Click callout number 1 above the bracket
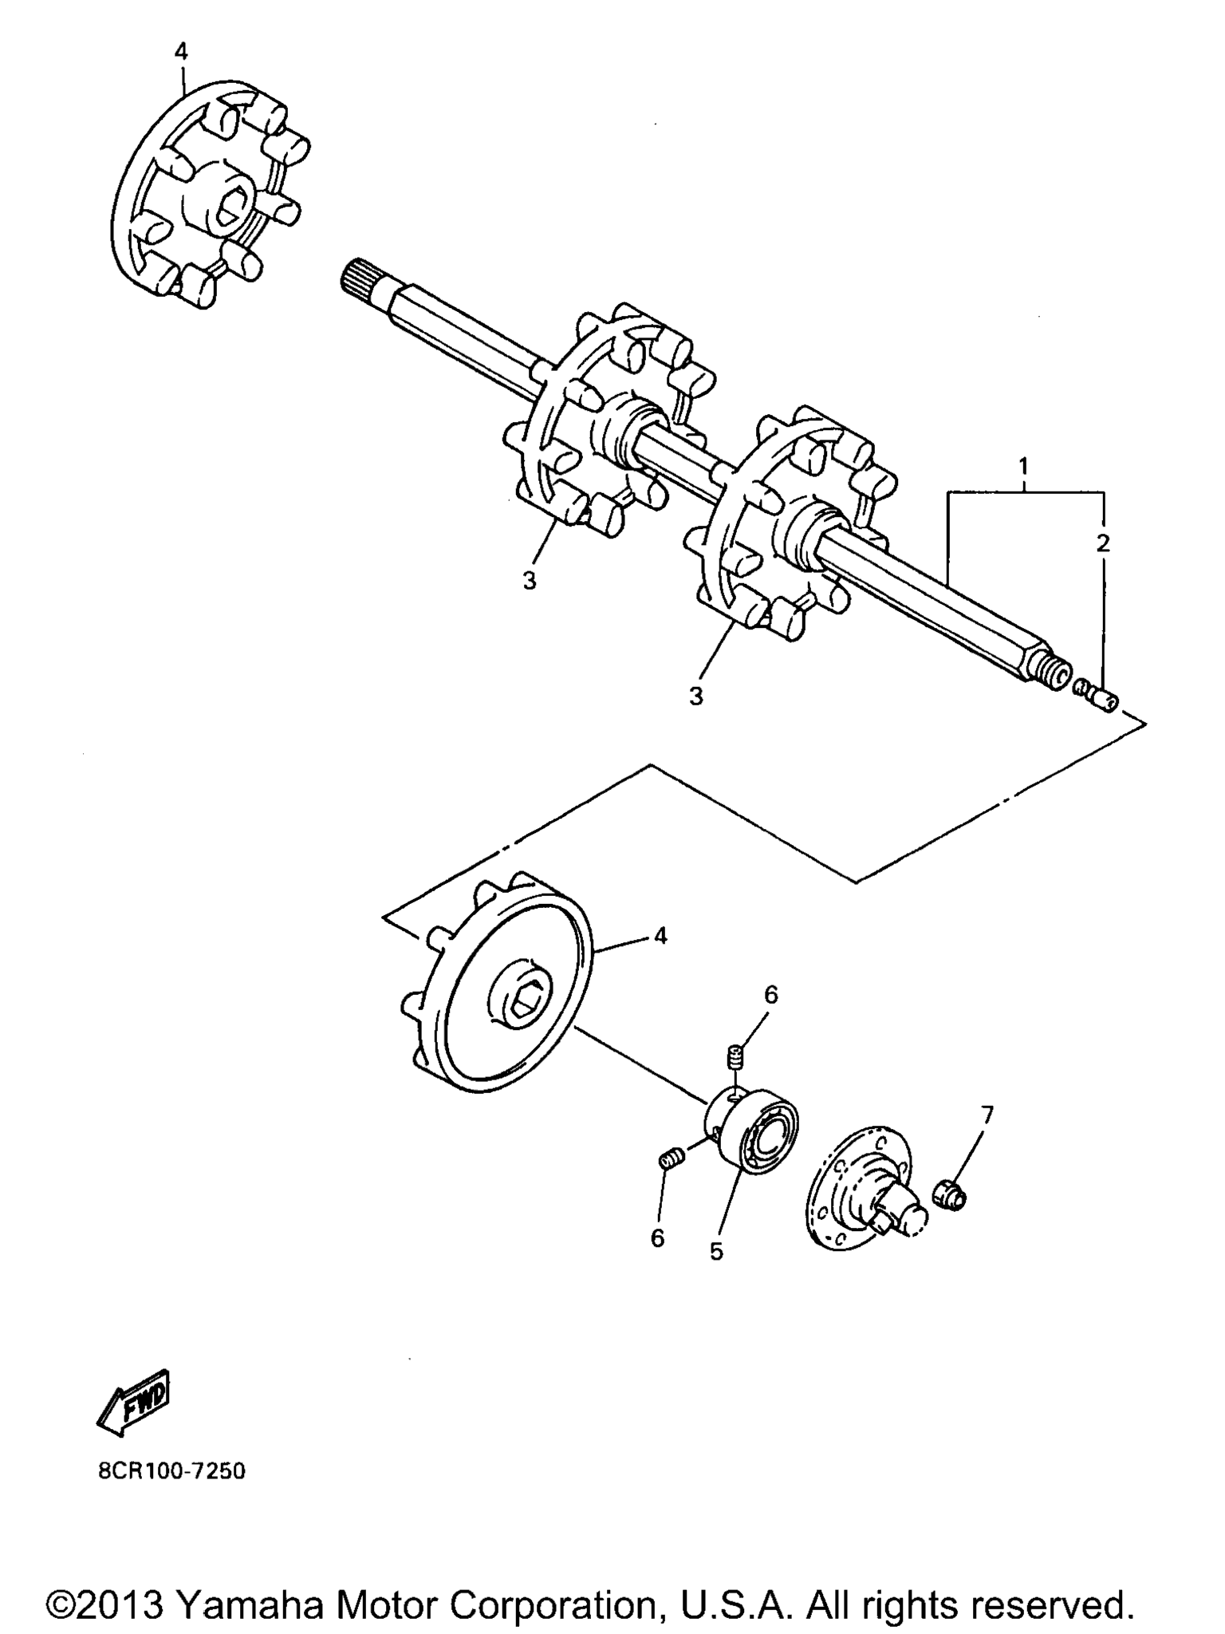tap(1023, 465)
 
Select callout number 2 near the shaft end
tap(1103, 543)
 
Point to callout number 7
tap(987, 1115)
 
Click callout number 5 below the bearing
tap(716, 1252)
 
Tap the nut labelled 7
tap(949, 1195)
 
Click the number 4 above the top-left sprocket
tap(181, 52)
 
